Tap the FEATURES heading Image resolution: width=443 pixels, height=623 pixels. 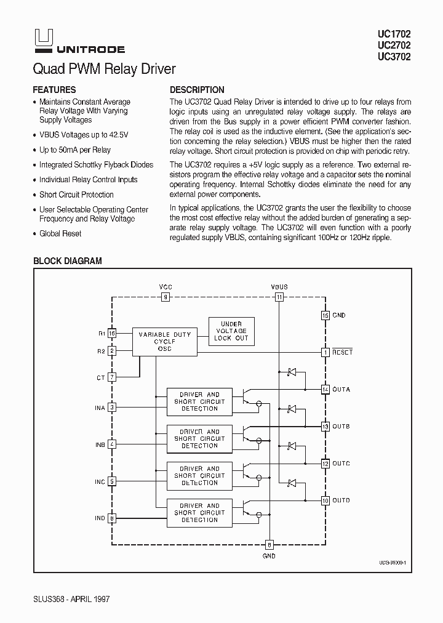click(54, 89)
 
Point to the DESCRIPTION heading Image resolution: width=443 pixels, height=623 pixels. click(197, 89)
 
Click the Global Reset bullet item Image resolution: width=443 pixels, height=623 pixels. click(60, 234)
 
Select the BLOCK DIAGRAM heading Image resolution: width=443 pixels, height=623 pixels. click(67, 261)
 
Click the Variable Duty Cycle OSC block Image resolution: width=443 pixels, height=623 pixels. click(165, 341)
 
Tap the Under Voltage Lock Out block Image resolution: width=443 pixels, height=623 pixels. click(231, 331)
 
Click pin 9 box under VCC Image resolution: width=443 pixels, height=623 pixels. click(166, 297)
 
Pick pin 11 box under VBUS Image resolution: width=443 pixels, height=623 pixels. click(279, 297)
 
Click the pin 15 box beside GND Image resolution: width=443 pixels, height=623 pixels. click(325, 315)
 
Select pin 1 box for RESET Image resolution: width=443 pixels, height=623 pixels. click(325, 352)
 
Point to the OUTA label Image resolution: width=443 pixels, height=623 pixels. click(341, 389)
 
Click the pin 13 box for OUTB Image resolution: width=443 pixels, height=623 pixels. click(325, 426)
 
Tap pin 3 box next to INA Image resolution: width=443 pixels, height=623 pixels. click(112, 407)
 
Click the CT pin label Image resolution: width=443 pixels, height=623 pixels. click(100, 377)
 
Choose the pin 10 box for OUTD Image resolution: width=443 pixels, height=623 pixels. click(325, 500)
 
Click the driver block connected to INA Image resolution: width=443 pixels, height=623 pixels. click(199, 401)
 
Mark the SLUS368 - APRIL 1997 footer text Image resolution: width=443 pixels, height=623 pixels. click(71, 598)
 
